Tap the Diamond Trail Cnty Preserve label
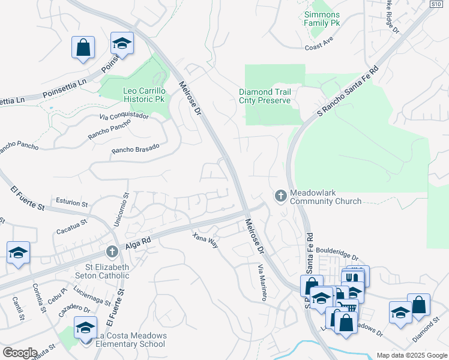265,96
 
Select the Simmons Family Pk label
322,19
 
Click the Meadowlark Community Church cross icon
280,196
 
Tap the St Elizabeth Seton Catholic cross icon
111,252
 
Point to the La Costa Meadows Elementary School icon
85,328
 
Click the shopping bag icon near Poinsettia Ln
83,47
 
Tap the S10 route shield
436,4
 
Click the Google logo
20,353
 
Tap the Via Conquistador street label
124,116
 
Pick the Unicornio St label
126,204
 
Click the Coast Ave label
319,47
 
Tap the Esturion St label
71,202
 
